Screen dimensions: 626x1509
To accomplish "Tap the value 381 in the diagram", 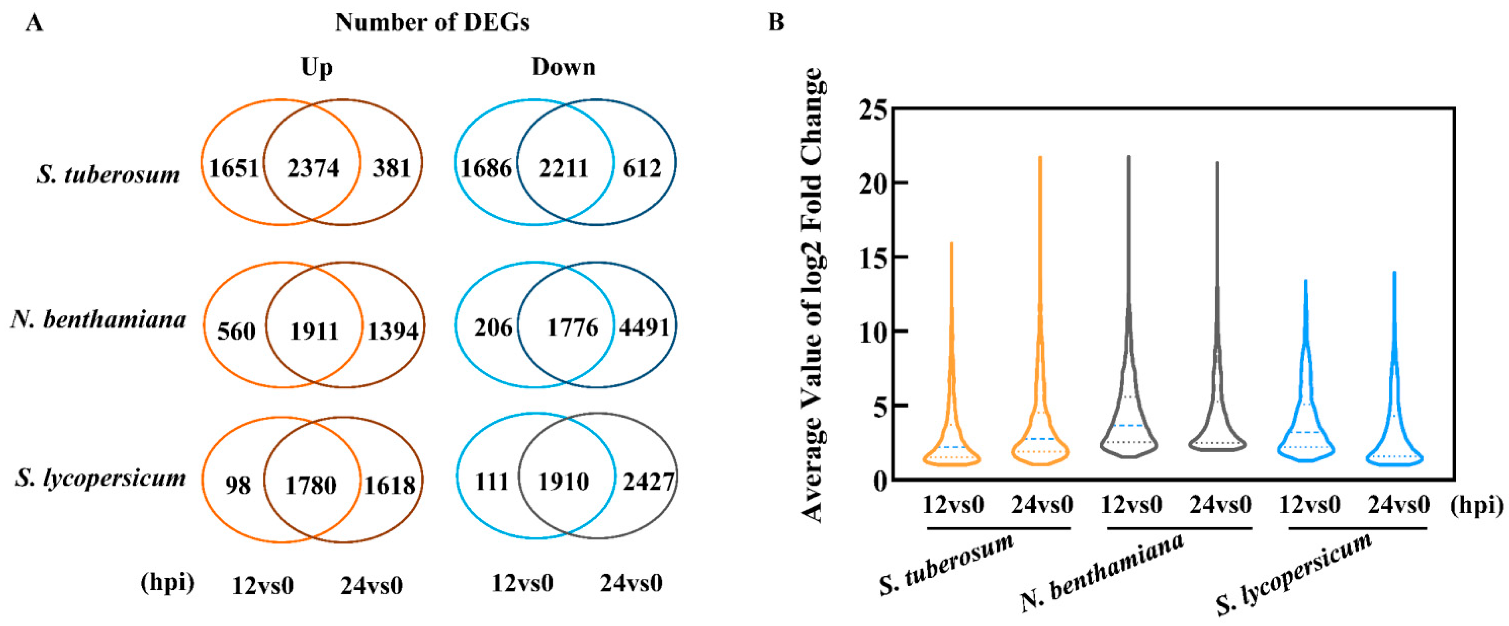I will [x=392, y=169].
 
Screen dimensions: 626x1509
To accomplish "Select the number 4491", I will [x=644, y=327].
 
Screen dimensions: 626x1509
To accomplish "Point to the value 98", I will [x=238, y=485].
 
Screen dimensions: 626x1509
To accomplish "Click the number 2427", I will [x=648, y=482].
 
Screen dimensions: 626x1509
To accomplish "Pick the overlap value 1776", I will [x=572, y=327].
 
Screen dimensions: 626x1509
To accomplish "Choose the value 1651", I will [x=234, y=169].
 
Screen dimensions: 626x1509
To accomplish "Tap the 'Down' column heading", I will [x=563, y=68].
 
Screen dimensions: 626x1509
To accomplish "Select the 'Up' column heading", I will [x=316, y=68].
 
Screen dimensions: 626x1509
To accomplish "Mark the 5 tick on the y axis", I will [x=881, y=405].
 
